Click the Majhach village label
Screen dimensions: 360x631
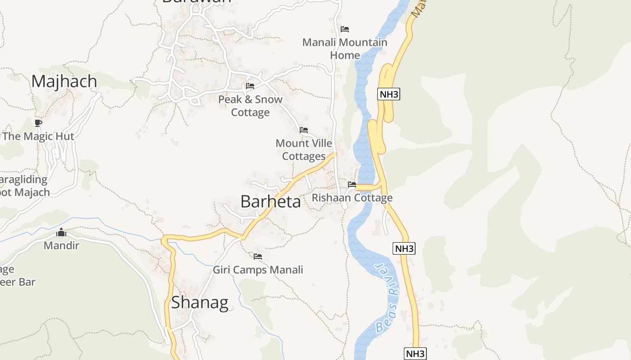point(64,81)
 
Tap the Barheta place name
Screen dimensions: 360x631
point(270,202)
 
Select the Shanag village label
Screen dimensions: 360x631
point(200,302)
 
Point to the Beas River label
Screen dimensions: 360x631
point(388,297)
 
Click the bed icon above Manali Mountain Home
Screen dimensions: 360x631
point(345,29)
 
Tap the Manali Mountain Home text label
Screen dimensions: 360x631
point(345,49)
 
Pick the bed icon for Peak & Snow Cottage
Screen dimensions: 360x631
point(250,86)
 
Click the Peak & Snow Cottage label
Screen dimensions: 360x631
point(250,106)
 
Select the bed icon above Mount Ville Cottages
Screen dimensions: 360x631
point(304,130)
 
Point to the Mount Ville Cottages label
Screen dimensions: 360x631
point(304,150)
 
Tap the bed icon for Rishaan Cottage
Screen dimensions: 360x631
point(352,184)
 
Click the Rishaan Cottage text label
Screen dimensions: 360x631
point(352,198)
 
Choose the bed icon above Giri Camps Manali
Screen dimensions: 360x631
point(258,256)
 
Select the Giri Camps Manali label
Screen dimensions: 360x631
point(258,270)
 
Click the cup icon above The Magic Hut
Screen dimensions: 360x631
point(38,123)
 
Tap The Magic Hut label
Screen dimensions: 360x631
point(38,136)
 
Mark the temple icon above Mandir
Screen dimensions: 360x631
point(61,232)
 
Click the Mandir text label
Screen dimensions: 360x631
point(61,246)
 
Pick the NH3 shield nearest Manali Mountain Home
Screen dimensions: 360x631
point(389,94)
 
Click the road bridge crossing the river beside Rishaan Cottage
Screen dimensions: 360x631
point(365,188)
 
